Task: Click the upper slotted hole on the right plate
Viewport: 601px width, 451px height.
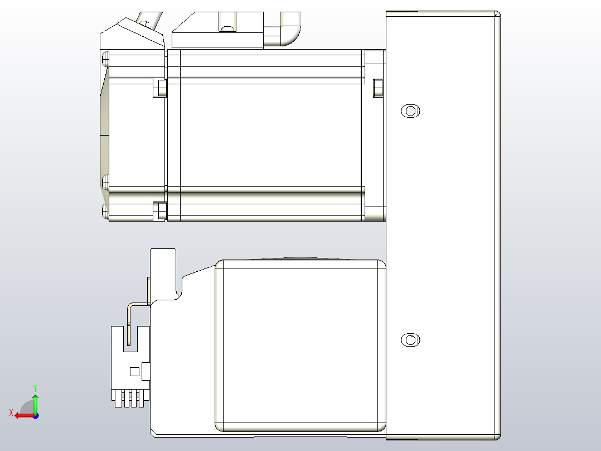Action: (410, 111)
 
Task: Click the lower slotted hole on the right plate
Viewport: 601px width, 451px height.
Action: (410, 339)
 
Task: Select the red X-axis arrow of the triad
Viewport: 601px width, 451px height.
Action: (23, 415)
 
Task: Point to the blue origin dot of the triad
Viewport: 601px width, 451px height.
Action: (35, 415)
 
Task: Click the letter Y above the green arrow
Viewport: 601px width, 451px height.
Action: (35, 387)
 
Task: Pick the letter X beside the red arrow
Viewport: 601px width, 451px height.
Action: (11, 412)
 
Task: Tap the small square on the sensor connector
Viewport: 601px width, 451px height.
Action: (134, 371)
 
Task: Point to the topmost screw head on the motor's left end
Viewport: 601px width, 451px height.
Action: (105, 57)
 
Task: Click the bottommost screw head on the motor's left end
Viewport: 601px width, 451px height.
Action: (105, 210)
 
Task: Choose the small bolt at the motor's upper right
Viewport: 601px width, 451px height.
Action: (377, 87)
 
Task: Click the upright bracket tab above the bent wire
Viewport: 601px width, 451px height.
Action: (163, 274)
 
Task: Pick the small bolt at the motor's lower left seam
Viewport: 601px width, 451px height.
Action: (161, 210)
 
